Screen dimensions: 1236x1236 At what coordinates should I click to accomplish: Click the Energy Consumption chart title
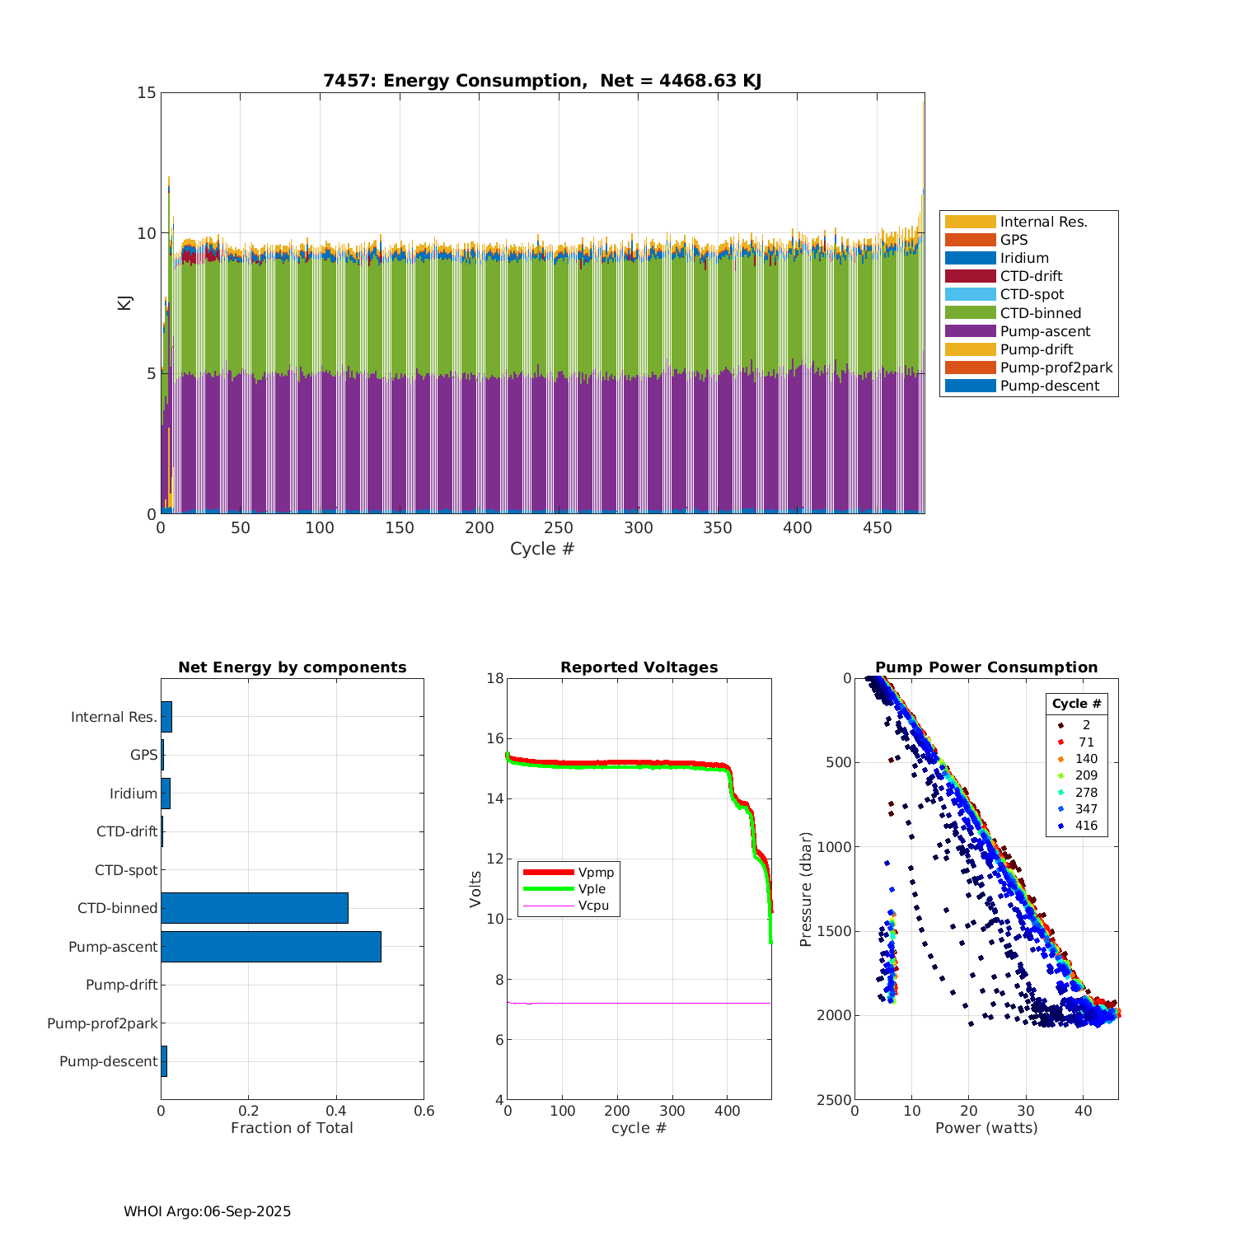tap(542, 81)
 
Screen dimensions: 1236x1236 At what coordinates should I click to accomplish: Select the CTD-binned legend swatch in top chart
tap(970, 313)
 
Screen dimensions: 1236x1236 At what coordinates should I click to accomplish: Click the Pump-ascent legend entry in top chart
tap(1045, 331)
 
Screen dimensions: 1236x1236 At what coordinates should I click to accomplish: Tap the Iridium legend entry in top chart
tap(1024, 258)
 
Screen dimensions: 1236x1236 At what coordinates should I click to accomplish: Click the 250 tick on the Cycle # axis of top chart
tap(559, 528)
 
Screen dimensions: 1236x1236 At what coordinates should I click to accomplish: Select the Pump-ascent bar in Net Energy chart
tap(271, 947)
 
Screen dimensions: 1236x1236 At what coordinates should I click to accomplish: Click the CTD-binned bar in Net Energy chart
tap(255, 908)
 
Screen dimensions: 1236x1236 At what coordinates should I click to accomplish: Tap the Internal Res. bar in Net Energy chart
tap(166, 717)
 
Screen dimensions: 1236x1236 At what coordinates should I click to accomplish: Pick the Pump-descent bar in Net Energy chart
tap(164, 1061)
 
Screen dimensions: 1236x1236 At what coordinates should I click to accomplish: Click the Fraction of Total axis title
tap(292, 1128)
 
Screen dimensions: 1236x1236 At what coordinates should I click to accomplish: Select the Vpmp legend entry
tap(596, 873)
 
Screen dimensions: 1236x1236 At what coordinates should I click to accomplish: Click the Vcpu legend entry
tap(593, 906)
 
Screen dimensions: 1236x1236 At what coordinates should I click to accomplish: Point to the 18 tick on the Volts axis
tap(495, 678)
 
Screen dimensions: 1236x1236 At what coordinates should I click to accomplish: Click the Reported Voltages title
tap(639, 667)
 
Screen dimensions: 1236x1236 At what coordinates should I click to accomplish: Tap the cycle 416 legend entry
tap(1086, 826)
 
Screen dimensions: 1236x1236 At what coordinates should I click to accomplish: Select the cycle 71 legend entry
tap(1086, 742)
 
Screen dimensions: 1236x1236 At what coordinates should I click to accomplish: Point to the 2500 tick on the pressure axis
tap(835, 1100)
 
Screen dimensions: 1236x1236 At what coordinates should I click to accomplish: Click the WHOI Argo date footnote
tap(208, 1211)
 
